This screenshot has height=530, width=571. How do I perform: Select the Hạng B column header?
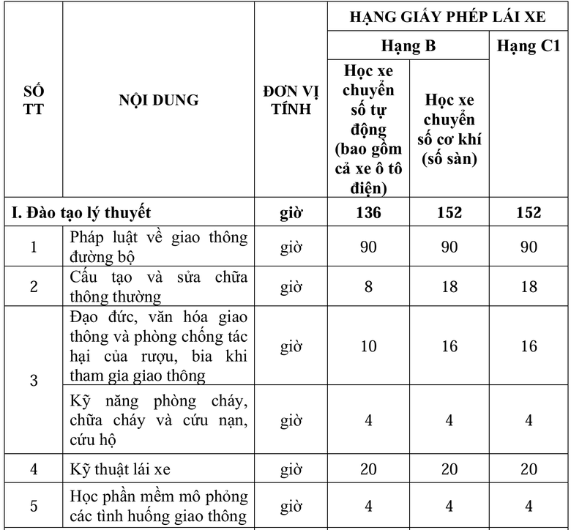tap(408, 46)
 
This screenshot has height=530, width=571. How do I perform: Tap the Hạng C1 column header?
tap(529, 46)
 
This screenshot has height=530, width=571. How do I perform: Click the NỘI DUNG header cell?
tap(159, 100)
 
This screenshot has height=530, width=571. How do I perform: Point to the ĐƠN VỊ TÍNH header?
tap(291, 100)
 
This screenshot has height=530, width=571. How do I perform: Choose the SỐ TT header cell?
tap(33, 100)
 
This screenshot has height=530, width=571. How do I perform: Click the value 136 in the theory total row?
tap(368, 212)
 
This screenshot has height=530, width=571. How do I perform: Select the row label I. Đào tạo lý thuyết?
tap(81, 212)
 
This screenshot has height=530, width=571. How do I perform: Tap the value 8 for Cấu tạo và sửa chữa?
tap(368, 286)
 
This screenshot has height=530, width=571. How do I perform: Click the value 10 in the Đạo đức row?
tap(368, 346)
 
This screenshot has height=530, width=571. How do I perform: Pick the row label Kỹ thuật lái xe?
tap(121, 469)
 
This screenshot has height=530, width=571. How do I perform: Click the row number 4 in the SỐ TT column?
tap(34, 469)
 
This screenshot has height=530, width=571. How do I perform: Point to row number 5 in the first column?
tap(34, 506)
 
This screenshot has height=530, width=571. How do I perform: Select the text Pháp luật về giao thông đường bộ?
tap(159, 247)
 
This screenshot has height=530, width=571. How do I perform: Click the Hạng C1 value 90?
tap(529, 247)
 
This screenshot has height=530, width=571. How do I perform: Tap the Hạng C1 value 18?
tap(529, 286)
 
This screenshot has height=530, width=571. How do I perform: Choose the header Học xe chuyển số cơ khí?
tap(449, 129)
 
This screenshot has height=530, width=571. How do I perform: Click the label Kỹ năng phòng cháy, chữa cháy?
tap(159, 420)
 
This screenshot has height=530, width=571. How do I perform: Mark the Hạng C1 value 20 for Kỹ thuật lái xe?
tap(529, 469)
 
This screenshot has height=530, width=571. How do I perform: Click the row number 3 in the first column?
tap(34, 381)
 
